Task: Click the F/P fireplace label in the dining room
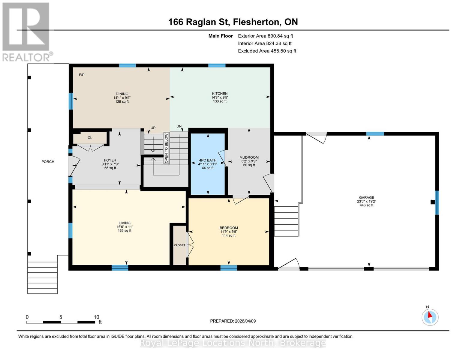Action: tap(82, 75)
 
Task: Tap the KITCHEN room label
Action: tap(220, 94)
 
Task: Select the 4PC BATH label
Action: tap(208, 160)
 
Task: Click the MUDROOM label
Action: tap(249, 157)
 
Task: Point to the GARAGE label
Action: tap(366, 197)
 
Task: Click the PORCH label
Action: tap(48, 162)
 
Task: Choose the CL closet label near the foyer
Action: tap(90, 138)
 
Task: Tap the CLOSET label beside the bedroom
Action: tap(179, 245)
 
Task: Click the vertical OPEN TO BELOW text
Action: tap(166, 148)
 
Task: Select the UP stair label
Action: tap(153, 128)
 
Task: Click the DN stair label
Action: tap(179, 126)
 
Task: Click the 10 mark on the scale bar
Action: tap(96, 317)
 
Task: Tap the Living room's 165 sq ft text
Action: tap(125, 231)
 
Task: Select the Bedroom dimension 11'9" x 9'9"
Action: tap(229, 232)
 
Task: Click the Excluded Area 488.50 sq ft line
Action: tap(267, 51)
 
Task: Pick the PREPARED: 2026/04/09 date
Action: tap(233, 321)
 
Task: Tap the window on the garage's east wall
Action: tap(437, 203)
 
